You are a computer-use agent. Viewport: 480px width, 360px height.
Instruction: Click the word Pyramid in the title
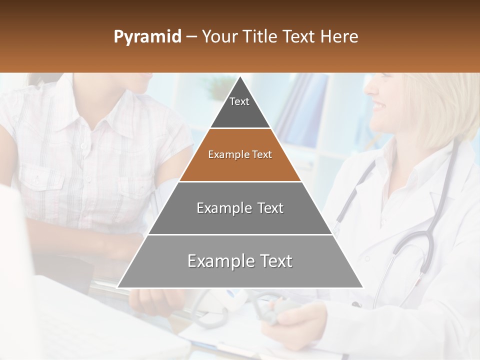147,37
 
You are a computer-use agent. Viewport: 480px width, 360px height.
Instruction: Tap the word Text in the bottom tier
273,261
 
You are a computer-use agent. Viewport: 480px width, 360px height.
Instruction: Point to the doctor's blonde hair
440,105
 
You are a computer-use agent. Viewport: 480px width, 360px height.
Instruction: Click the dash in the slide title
191,37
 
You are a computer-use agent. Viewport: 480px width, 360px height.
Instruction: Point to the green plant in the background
220,90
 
